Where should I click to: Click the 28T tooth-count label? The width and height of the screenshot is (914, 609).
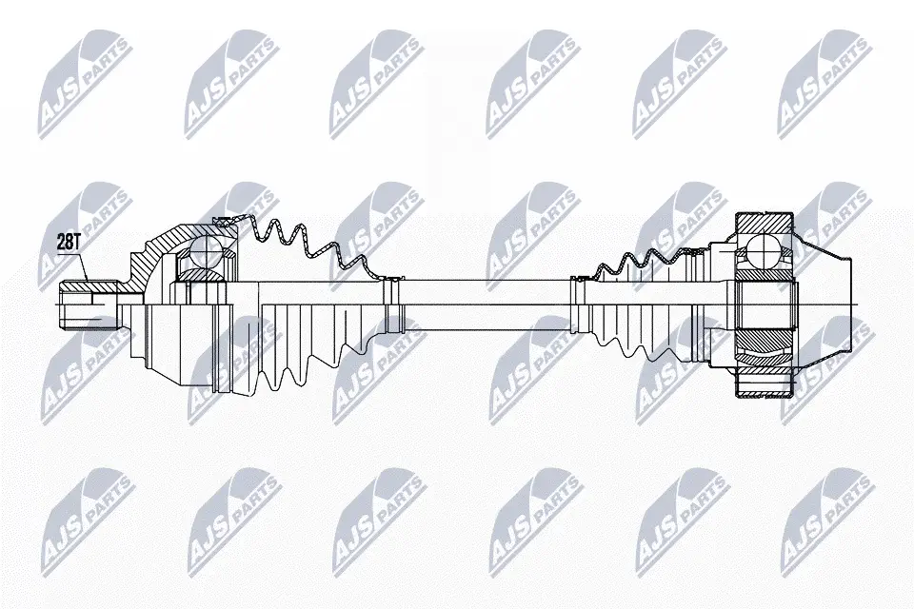point(69,243)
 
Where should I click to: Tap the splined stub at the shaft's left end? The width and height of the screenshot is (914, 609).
point(89,304)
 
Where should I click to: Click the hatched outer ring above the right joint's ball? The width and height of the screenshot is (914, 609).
point(764,224)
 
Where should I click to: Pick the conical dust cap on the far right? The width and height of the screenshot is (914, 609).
point(822,305)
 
